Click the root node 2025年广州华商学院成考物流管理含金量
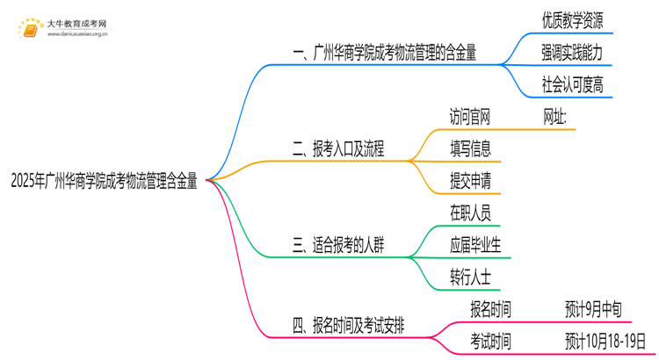[104, 183]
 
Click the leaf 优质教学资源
[572, 20]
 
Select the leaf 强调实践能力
[572, 53]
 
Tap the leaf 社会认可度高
[572, 85]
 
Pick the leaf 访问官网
[470, 116]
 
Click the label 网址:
[555, 116]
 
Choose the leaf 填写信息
[470, 148]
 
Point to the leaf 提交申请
[470, 180]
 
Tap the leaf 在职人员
[470, 212]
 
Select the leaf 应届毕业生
[475, 244]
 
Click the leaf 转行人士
[470, 276]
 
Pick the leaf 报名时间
[491, 308]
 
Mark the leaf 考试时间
[491, 340]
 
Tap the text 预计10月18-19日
[606, 340]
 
